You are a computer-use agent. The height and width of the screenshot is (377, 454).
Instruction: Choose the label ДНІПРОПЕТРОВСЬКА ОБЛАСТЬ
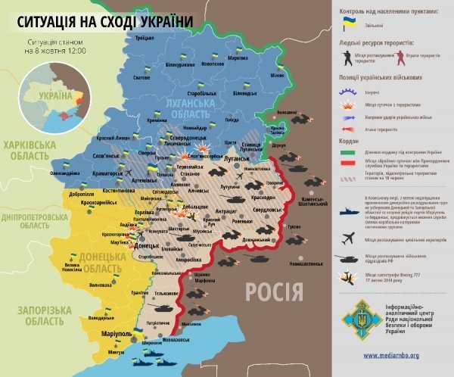click(x=36, y=220)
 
